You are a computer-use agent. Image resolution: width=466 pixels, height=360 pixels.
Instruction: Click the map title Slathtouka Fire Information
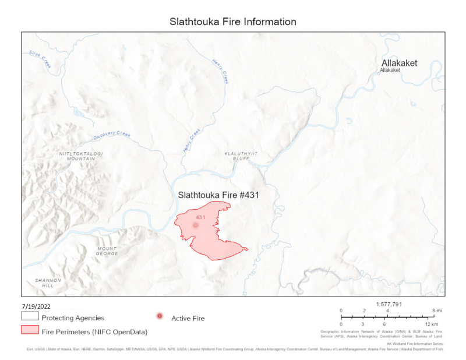click(232, 22)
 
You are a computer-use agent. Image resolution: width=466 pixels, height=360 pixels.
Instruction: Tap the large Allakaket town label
click(399, 62)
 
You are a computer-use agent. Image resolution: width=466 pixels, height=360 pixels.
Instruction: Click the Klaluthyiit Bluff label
click(239, 156)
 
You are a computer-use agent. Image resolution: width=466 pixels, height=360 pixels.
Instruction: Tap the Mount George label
click(107, 251)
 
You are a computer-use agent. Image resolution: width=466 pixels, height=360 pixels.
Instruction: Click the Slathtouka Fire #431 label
click(217, 195)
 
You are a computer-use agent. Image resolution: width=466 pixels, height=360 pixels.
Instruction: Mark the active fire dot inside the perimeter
click(196, 225)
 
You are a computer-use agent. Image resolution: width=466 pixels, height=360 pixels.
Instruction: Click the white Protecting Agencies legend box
click(29, 317)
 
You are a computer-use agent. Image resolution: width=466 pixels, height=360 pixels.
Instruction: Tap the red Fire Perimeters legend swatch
click(29, 331)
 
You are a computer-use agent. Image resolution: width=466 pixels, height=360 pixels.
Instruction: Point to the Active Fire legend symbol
click(160, 316)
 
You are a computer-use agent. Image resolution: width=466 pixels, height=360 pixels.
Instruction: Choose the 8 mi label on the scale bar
click(430, 311)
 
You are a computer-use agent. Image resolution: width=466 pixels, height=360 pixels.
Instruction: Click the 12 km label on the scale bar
click(432, 324)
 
